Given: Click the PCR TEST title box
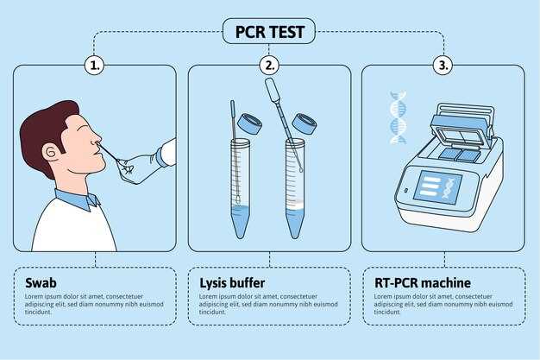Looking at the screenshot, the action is [x=269, y=31].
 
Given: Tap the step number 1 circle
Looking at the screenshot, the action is [x=94, y=65].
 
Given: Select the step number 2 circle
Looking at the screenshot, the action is [x=269, y=65].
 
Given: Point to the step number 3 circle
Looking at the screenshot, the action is [x=443, y=65].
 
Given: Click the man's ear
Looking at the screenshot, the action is [x=51, y=151].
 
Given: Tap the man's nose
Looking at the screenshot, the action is [x=97, y=139].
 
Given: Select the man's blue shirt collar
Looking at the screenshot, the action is [x=78, y=199].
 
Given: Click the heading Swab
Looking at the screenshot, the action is [x=41, y=283].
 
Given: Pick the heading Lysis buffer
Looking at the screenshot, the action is [x=232, y=283].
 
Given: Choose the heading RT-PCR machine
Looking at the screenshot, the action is [x=423, y=283].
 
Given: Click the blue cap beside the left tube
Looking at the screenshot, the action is [x=249, y=124].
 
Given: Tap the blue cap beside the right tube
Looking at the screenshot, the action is [x=305, y=123].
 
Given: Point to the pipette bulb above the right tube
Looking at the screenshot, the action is [x=273, y=90].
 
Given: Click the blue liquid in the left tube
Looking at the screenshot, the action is [x=240, y=221].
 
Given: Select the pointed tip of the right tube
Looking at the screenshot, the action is [x=295, y=236].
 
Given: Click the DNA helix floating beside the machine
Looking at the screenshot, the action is [x=398, y=117].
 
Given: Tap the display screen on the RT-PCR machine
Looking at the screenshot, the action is [x=437, y=187].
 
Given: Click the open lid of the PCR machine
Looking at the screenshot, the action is [x=462, y=127].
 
